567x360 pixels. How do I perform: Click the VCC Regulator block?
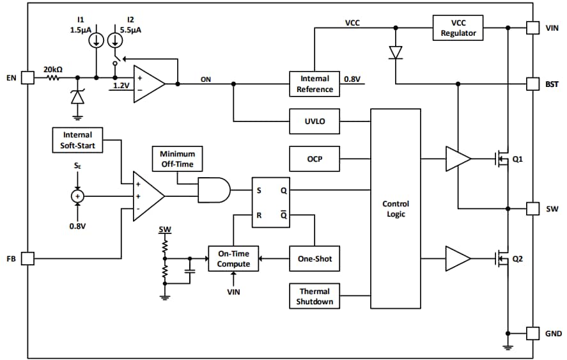pos(458,28)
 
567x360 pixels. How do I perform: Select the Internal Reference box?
pos(315,84)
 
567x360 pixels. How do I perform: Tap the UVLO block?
pos(315,121)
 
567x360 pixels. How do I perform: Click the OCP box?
pos(315,159)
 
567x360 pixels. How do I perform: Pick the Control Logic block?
pos(396,209)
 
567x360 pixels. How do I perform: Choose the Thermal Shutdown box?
pos(315,297)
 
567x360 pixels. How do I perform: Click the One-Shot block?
pos(315,259)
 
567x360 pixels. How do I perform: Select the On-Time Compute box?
pos(233,259)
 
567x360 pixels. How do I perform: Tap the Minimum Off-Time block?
pos(177,159)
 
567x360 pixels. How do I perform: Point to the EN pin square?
pos(27,77)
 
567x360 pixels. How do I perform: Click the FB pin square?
pos(27,259)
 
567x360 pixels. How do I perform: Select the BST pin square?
pos(532,84)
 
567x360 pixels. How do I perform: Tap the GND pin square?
pos(532,333)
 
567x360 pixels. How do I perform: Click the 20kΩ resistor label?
pos(52,69)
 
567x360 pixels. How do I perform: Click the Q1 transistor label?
pos(517,159)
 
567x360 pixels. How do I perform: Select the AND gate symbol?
pos(214,190)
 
